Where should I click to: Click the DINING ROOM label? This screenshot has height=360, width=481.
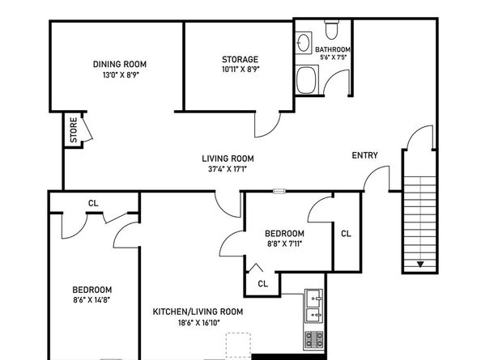click(x=120, y=65)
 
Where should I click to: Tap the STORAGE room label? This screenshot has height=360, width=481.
click(x=240, y=59)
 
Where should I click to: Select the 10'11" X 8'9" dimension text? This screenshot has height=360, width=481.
click(x=240, y=70)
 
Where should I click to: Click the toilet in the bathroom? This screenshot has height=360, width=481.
click(x=332, y=29)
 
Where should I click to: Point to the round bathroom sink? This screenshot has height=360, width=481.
click(x=304, y=43)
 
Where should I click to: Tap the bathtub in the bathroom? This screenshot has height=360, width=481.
click(x=307, y=80)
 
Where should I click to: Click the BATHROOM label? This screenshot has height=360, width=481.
click(x=333, y=49)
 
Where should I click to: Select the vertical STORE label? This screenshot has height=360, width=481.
click(x=74, y=130)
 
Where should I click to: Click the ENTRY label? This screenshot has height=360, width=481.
click(x=364, y=155)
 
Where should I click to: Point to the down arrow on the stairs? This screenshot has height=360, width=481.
click(x=420, y=264)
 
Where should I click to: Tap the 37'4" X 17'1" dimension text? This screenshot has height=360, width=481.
click(x=228, y=169)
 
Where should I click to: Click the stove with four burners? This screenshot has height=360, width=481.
click(x=314, y=340)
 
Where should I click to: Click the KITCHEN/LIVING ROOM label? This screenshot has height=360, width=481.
click(x=198, y=312)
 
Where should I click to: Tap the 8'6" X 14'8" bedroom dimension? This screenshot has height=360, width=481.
click(x=92, y=299)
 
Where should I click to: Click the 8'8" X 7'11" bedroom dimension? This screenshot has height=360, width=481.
click(x=285, y=244)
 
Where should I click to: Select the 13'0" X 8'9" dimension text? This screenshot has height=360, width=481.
click(x=121, y=75)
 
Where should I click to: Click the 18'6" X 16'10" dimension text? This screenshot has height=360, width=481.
click(x=198, y=323)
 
